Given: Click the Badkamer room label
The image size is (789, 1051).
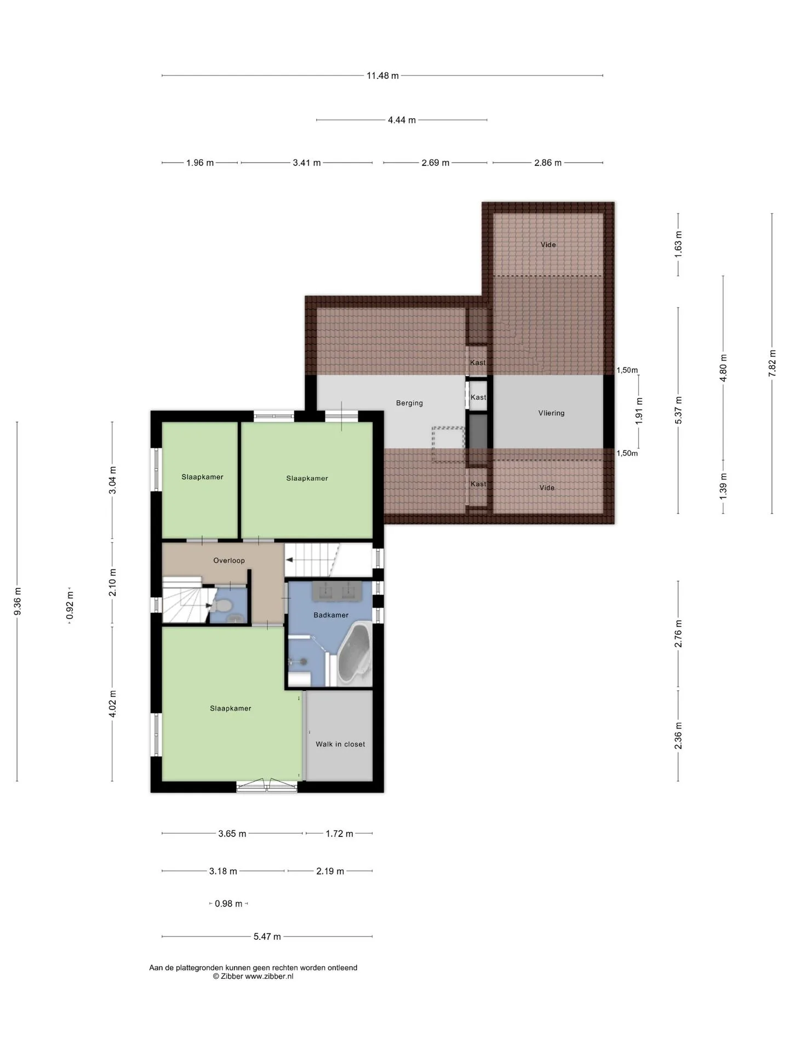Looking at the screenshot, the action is click(x=331, y=615).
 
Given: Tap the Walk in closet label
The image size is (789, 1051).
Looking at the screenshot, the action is click(x=340, y=744).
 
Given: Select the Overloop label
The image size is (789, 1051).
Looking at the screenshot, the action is click(x=229, y=561).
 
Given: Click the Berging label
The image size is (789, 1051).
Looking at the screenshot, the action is click(x=409, y=403).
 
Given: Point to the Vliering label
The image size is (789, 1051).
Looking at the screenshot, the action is click(x=551, y=413).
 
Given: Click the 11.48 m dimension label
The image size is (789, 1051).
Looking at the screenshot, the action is click(x=382, y=76).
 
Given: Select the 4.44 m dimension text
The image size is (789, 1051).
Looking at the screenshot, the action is click(x=402, y=120).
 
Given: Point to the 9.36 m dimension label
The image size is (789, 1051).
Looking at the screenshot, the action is click(x=18, y=601).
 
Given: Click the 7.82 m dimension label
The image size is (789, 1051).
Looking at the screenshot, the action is click(x=773, y=363).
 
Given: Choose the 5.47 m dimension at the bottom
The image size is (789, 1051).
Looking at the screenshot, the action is click(x=267, y=937).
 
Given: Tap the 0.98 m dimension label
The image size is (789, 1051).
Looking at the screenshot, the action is click(x=228, y=904).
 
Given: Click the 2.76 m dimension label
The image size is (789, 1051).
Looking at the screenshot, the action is click(x=678, y=634).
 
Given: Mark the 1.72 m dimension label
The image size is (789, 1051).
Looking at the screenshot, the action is click(x=339, y=834).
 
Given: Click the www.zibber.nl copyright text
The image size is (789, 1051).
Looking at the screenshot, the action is click(x=253, y=976).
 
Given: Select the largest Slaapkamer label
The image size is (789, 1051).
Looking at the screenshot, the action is click(x=231, y=708).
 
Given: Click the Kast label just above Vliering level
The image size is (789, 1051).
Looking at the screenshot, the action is click(x=478, y=362).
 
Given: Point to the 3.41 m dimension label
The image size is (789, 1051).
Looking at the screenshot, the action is click(x=307, y=163).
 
